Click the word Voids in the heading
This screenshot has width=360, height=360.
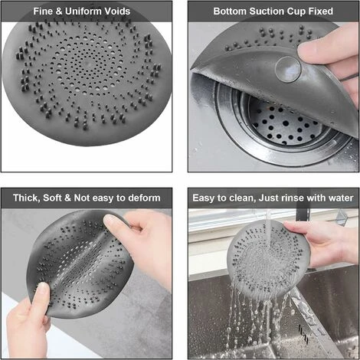tap(118, 11)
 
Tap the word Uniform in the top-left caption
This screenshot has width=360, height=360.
tap(83, 11)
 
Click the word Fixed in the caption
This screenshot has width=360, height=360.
tap(321, 11)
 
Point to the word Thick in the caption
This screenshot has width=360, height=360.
tap(26, 198)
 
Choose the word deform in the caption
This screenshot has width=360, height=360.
tap(144, 198)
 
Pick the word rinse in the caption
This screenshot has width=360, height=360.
tap(292, 198)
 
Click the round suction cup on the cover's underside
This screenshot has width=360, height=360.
tap(288, 69)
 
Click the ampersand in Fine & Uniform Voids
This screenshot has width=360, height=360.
tap(58, 11)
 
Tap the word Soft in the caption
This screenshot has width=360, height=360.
tap(52, 198)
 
